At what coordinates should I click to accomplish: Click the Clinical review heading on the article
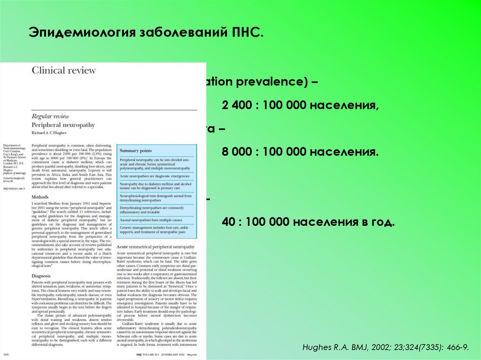63,70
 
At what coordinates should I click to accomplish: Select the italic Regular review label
50,116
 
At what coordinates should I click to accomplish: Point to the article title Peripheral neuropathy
63,125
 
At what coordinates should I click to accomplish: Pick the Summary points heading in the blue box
136,151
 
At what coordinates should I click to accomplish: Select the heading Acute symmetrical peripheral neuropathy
155,247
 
